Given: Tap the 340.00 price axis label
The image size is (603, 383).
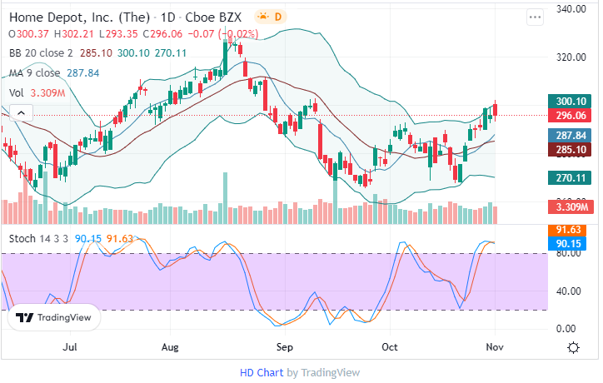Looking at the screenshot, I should (x=574, y=9).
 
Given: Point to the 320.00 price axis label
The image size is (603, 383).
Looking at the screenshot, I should (x=574, y=57).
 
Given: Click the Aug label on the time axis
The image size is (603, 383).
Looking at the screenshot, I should (x=171, y=346).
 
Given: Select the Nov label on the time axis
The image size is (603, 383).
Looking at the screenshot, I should (x=496, y=346).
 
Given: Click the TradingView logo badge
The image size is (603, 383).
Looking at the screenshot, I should (x=54, y=317).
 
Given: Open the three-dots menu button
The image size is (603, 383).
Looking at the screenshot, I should (x=535, y=17).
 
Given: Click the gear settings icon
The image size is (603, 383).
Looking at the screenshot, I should (x=574, y=347).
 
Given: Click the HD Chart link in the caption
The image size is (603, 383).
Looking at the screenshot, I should (x=262, y=372).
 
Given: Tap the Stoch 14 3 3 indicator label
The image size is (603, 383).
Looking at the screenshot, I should (x=39, y=239).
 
